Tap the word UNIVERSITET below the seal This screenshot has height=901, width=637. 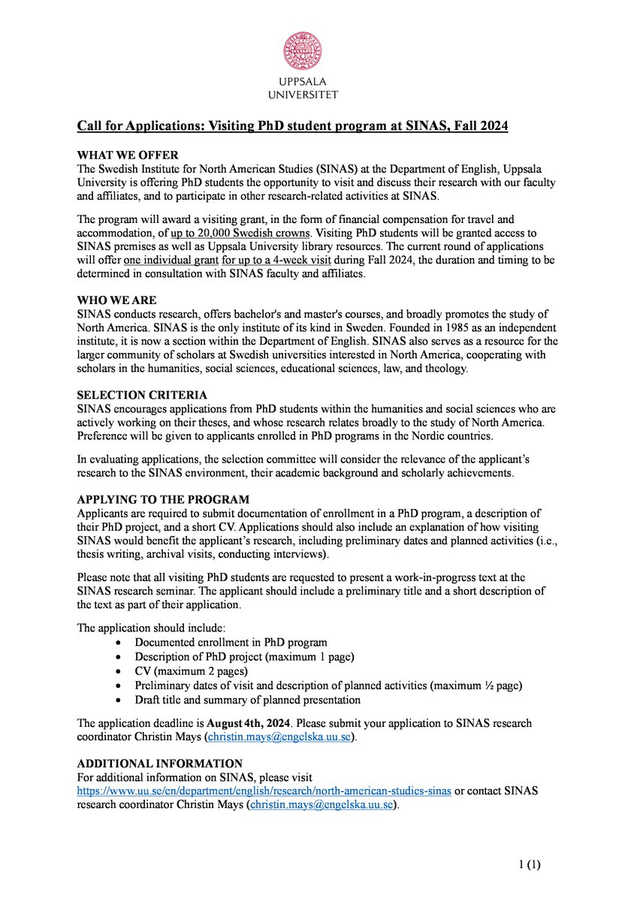(x=303, y=95)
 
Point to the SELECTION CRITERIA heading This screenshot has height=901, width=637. (x=142, y=395)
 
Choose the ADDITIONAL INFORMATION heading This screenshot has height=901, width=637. (x=160, y=764)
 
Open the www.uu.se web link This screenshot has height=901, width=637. (x=264, y=792)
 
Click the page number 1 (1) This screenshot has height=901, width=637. (x=529, y=864)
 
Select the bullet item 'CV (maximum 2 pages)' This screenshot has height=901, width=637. (x=191, y=670)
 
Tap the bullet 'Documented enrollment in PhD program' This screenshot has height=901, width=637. (x=231, y=642)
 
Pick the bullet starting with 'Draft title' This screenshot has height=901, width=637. (x=247, y=699)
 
